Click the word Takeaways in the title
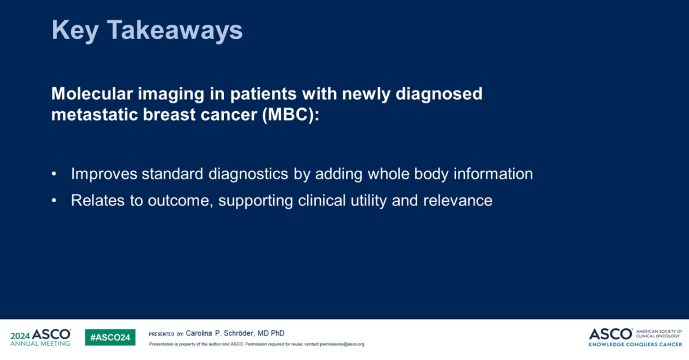(x=175, y=30)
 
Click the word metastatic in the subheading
(x=94, y=115)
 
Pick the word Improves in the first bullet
(x=104, y=174)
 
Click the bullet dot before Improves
(x=54, y=174)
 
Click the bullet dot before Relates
(x=54, y=200)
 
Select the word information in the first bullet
(x=493, y=174)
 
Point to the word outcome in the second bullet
(x=180, y=201)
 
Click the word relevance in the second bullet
(x=458, y=200)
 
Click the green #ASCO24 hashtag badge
(x=110, y=337)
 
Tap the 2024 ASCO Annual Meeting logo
(x=41, y=337)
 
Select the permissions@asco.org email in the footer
(x=342, y=344)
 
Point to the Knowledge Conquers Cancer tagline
(x=635, y=344)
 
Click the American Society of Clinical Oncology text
(x=659, y=333)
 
